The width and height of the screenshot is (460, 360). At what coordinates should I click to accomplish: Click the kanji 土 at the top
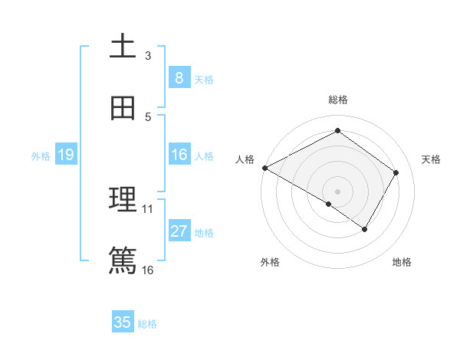point(123,46)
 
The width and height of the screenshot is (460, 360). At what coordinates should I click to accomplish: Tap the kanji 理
point(123,200)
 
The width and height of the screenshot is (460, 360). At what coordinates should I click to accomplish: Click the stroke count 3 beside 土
point(148,56)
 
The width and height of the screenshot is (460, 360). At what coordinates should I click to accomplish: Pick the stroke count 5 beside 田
point(148,117)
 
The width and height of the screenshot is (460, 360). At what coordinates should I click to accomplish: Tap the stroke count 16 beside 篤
point(148,270)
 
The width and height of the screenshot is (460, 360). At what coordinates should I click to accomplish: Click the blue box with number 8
point(179,77)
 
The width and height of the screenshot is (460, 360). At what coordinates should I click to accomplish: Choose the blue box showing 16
point(179,155)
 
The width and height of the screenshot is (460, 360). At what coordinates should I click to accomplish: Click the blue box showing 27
point(179,231)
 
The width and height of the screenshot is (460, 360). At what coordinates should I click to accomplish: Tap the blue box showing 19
point(65,155)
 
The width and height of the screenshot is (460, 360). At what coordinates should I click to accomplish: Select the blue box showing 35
point(123,322)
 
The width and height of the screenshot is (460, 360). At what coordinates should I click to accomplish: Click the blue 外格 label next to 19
point(41,156)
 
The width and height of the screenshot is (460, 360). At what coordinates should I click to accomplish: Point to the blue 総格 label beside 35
point(147,324)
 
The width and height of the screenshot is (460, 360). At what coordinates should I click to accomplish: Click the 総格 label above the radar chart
point(338,100)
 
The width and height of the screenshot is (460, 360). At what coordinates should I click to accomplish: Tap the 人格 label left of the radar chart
point(245,159)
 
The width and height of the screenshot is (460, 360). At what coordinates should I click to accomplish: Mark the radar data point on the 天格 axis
point(396,172)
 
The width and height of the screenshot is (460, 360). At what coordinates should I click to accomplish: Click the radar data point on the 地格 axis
point(365,229)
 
